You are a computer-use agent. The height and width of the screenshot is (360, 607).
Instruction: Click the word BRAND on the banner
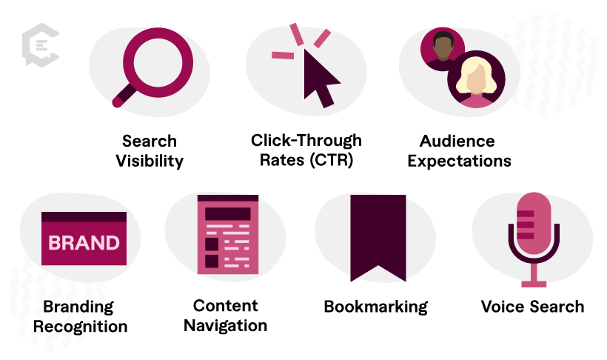(84, 243)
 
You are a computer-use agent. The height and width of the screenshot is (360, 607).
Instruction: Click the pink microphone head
(534, 221)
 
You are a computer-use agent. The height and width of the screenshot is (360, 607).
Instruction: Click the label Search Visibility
(150, 150)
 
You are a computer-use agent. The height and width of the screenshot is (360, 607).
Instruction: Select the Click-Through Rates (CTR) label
(306, 149)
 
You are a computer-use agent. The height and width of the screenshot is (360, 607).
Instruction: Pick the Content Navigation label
(226, 315)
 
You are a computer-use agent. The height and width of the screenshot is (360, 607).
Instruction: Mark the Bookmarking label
(376, 307)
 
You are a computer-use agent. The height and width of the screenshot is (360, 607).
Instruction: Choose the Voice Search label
(532, 306)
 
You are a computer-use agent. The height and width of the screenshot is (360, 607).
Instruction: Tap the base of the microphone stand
(534, 283)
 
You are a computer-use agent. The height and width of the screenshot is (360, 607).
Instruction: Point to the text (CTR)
(337, 159)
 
